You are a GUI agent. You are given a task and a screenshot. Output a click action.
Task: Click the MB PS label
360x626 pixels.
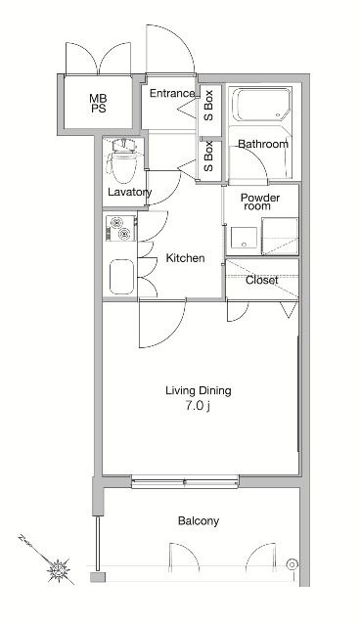tap(98, 103)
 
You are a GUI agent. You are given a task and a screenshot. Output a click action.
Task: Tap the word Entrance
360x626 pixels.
tap(172, 94)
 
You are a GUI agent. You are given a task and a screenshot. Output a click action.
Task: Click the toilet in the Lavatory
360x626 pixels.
tap(121, 160)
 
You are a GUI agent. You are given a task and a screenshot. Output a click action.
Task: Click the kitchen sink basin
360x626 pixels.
tap(121, 277)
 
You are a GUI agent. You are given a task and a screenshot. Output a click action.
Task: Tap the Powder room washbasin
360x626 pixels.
tap(244, 238)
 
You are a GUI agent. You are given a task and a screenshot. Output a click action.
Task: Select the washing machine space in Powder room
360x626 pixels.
tap(280, 236)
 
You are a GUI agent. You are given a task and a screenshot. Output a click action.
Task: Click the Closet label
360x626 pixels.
tap(262, 281)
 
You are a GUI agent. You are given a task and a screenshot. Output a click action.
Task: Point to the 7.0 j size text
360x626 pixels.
tap(198, 406)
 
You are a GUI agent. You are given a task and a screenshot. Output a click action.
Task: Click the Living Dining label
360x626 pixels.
tap(199, 390)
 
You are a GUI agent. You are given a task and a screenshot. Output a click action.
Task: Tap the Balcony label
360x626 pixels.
tap(199, 521)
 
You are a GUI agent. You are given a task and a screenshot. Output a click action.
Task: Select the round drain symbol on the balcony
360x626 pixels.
tap(292, 564)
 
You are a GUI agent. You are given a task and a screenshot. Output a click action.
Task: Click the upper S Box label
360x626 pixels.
tap(208, 106)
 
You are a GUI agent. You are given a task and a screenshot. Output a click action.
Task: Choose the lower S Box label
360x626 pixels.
tap(208, 156)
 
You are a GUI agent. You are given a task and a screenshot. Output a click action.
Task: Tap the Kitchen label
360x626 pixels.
tap(185, 258)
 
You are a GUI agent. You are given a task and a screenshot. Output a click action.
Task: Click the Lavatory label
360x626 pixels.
tap(130, 193)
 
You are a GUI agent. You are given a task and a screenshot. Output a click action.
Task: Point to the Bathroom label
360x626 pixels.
tap(263, 144)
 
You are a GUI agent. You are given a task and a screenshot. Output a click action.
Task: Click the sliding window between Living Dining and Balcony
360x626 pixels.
tap(185, 482)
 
